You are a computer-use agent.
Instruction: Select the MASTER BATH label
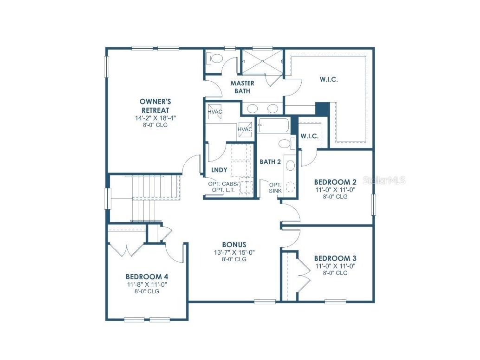coord(242,87)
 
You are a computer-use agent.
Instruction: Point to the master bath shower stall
coord(262,61)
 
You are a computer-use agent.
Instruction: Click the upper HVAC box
coord(214,112)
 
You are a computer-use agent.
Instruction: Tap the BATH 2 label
coord(270,162)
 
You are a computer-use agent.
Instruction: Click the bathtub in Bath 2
coord(273,126)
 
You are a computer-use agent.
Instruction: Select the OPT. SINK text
coord(275,188)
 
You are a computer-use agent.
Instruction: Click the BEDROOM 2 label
coord(335,182)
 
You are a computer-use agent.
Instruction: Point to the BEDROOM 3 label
coord(335,258)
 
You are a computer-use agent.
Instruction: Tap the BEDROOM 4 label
coord(147,276)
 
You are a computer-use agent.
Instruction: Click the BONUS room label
coord(234,244)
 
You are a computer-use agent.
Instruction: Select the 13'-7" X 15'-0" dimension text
coord(234,252)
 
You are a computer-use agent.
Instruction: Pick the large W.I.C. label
coord(329,79)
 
